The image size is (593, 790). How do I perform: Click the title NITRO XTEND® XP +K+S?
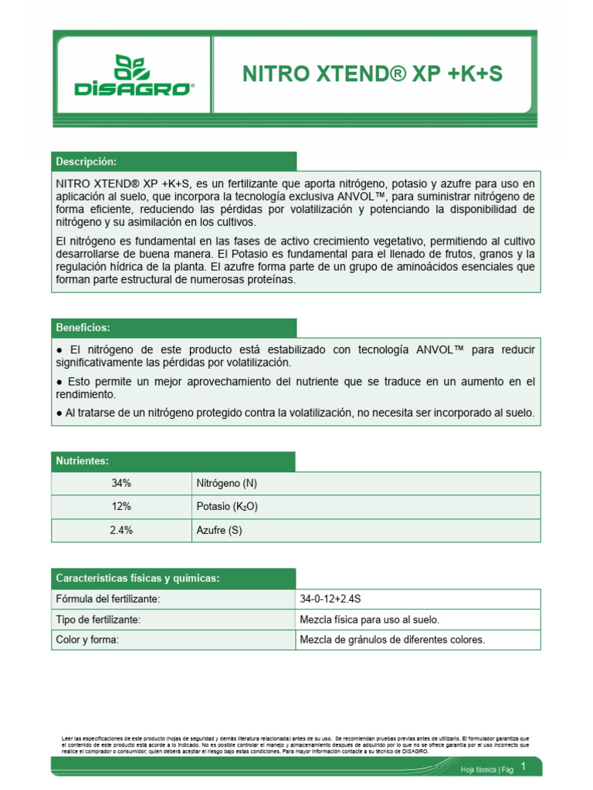point(372,74)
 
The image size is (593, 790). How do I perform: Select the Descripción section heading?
point(86,161)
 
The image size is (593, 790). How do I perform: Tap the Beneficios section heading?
point(83,328)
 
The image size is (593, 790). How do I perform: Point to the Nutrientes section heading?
point(82,461)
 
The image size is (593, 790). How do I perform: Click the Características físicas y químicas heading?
point(137,579)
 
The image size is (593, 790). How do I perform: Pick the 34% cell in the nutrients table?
point(121,484)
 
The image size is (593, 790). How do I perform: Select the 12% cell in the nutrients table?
point(121,507)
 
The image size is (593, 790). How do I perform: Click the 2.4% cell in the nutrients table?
point(121,530)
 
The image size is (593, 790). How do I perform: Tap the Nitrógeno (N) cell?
point(227,484)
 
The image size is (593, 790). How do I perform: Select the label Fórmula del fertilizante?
point(108,599)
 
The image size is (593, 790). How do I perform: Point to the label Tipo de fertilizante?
point(98,620)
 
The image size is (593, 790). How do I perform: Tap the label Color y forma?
point(87,640)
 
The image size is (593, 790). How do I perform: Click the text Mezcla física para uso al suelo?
point(369,620)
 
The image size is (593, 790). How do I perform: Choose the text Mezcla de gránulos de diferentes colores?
point(392,640)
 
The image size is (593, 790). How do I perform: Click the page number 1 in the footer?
point(524,766)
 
